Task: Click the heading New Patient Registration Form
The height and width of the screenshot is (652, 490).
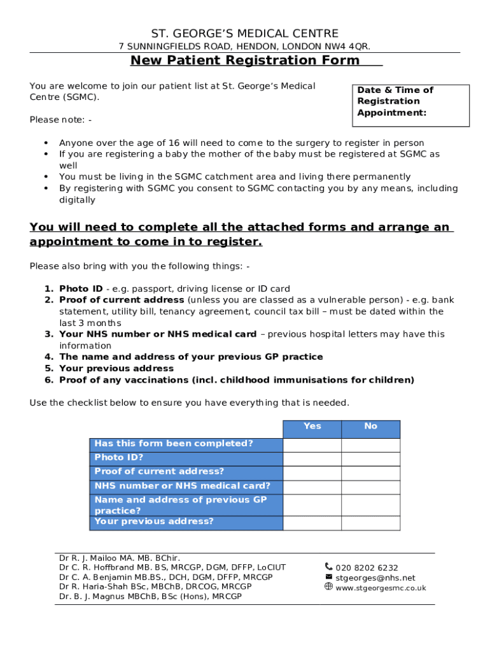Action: (x=245, y=60)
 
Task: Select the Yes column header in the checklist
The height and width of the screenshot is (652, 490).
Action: (x=312, y=427)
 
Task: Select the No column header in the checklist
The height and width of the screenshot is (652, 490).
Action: (x=370, y=427)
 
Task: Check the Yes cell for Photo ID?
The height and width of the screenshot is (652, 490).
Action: (x=312, y=459)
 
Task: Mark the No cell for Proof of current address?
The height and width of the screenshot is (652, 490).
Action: (x=370, y=473)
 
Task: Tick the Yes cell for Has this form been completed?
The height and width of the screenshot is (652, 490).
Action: (x=312, y=444)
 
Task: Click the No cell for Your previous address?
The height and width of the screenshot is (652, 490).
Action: (x=370, y=523)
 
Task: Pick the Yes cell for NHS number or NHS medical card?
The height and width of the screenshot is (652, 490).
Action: (x=312, y=487)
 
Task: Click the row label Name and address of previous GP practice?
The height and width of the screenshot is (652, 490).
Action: (x=181, y=505)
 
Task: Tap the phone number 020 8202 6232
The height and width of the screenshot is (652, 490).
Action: (x=367, y=568)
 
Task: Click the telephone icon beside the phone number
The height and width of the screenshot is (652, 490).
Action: (x=328, y=566)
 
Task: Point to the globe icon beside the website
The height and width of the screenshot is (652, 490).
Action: (x=328, y=587)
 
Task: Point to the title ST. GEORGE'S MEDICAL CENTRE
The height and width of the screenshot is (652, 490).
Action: (x=245, y=34)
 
